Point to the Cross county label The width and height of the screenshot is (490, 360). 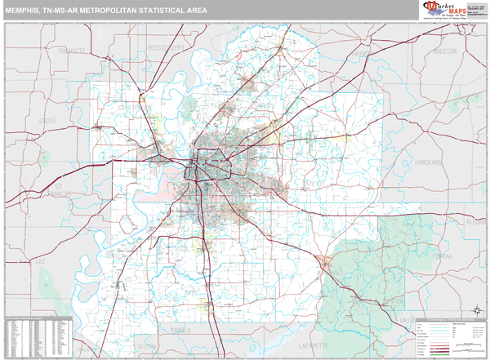pos(47,120)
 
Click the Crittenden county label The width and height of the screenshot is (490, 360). pos(134,106)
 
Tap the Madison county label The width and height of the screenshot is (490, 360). pos(445,51)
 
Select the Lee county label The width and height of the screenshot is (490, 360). pos(38,261)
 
